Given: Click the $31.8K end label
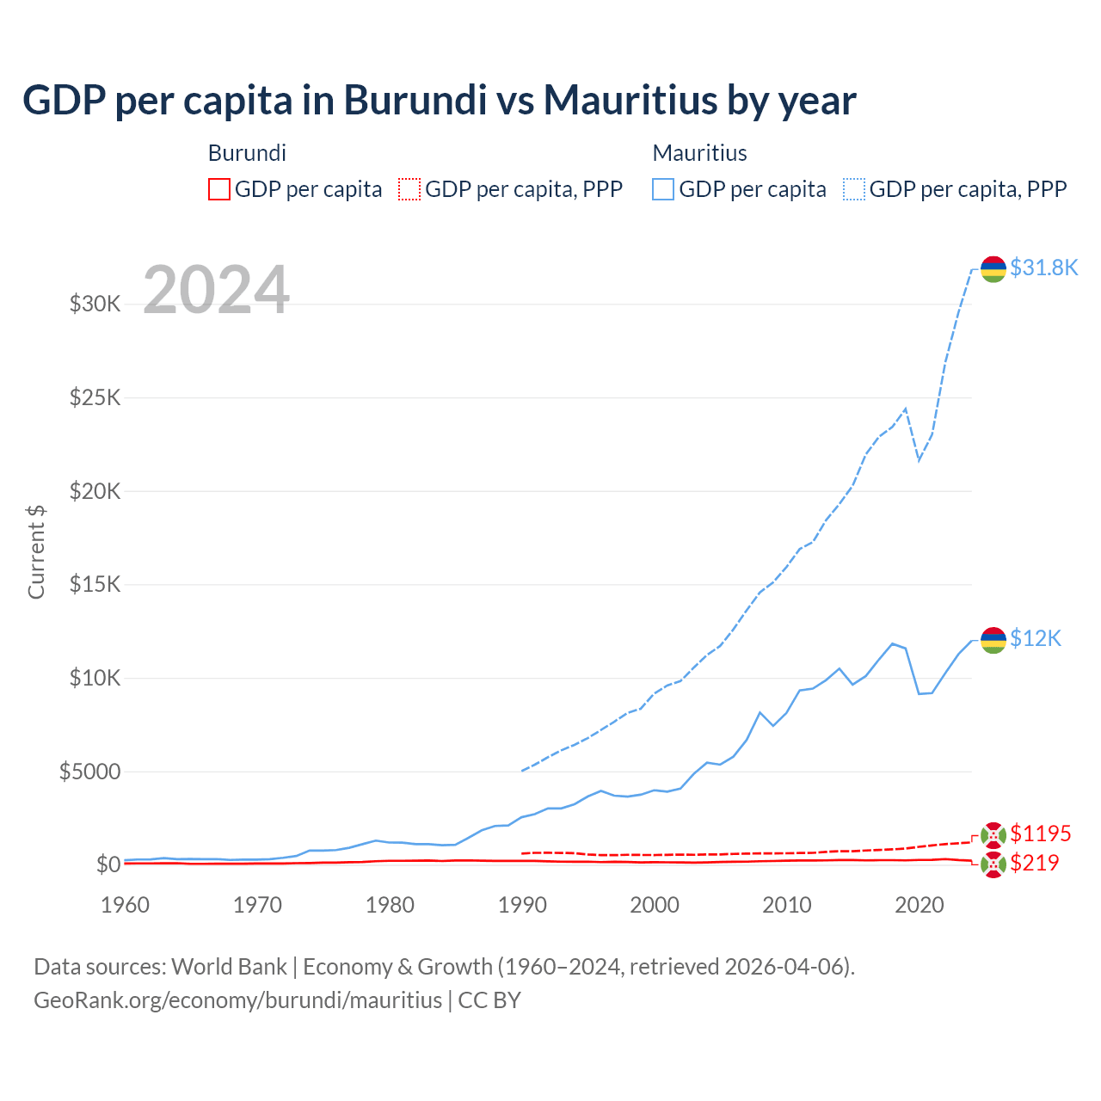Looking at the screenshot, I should tap(1043, 268).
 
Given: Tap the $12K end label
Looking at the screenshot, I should tap(1036, 638).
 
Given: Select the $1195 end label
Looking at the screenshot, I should tap(1040, 833).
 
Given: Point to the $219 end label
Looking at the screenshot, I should tap(1034, 863).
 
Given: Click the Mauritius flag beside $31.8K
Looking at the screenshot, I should tap(993, 269).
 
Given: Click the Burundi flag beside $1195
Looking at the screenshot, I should tap(993, 835).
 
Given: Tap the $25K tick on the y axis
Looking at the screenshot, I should tap(95, 397).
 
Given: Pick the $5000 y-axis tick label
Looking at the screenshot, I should tap(89, 772).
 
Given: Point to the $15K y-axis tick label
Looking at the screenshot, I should tap(95, 584).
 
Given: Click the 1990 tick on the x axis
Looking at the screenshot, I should tap(522, 905).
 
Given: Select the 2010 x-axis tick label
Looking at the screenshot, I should tap(787, 905).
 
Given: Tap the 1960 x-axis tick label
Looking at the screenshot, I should tap(126, 905).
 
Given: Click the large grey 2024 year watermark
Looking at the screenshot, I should tap(216, 291).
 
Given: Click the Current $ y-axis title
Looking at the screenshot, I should tap(36, 552).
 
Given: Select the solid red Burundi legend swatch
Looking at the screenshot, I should tap(219, 189).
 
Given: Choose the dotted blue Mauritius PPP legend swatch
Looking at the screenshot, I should tap(854, 189).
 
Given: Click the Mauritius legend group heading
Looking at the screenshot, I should tap(699, 153).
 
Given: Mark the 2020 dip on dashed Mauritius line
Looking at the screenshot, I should tap(919, 459).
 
